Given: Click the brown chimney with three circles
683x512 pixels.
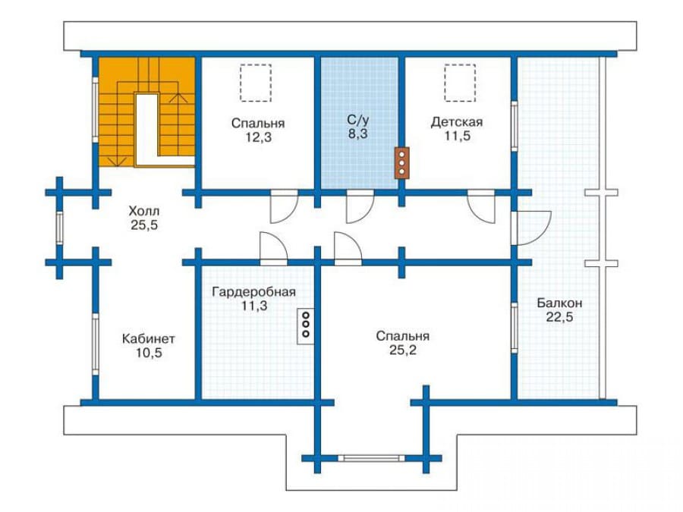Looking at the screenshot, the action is point(401,163).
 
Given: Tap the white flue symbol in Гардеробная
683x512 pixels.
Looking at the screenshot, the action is point(306,326).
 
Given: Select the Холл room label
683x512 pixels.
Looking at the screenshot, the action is point(143,211).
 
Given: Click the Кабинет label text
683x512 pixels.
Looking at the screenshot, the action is point(149,338).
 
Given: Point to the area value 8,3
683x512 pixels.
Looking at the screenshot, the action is point(357,134).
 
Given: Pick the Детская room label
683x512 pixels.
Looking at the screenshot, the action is point(457,122).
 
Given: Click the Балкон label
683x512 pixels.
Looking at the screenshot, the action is point(560,303).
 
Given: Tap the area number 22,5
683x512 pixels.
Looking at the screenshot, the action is point(560,317).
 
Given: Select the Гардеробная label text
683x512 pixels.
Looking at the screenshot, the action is point(254,291).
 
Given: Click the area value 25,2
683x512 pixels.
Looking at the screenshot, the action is point(403,350).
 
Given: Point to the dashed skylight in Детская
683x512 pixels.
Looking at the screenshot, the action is point(460,83).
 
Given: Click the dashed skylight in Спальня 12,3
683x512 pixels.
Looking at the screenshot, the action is point(256,83).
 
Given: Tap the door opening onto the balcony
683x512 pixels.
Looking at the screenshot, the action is point(531,228).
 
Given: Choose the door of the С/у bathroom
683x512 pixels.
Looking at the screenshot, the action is point(360,206).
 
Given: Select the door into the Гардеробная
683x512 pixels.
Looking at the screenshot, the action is point(273,249).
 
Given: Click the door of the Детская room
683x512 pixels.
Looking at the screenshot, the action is point(481,206).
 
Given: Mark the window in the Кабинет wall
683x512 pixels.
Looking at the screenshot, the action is point(96,344).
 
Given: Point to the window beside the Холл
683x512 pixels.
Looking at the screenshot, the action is point(60,228).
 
